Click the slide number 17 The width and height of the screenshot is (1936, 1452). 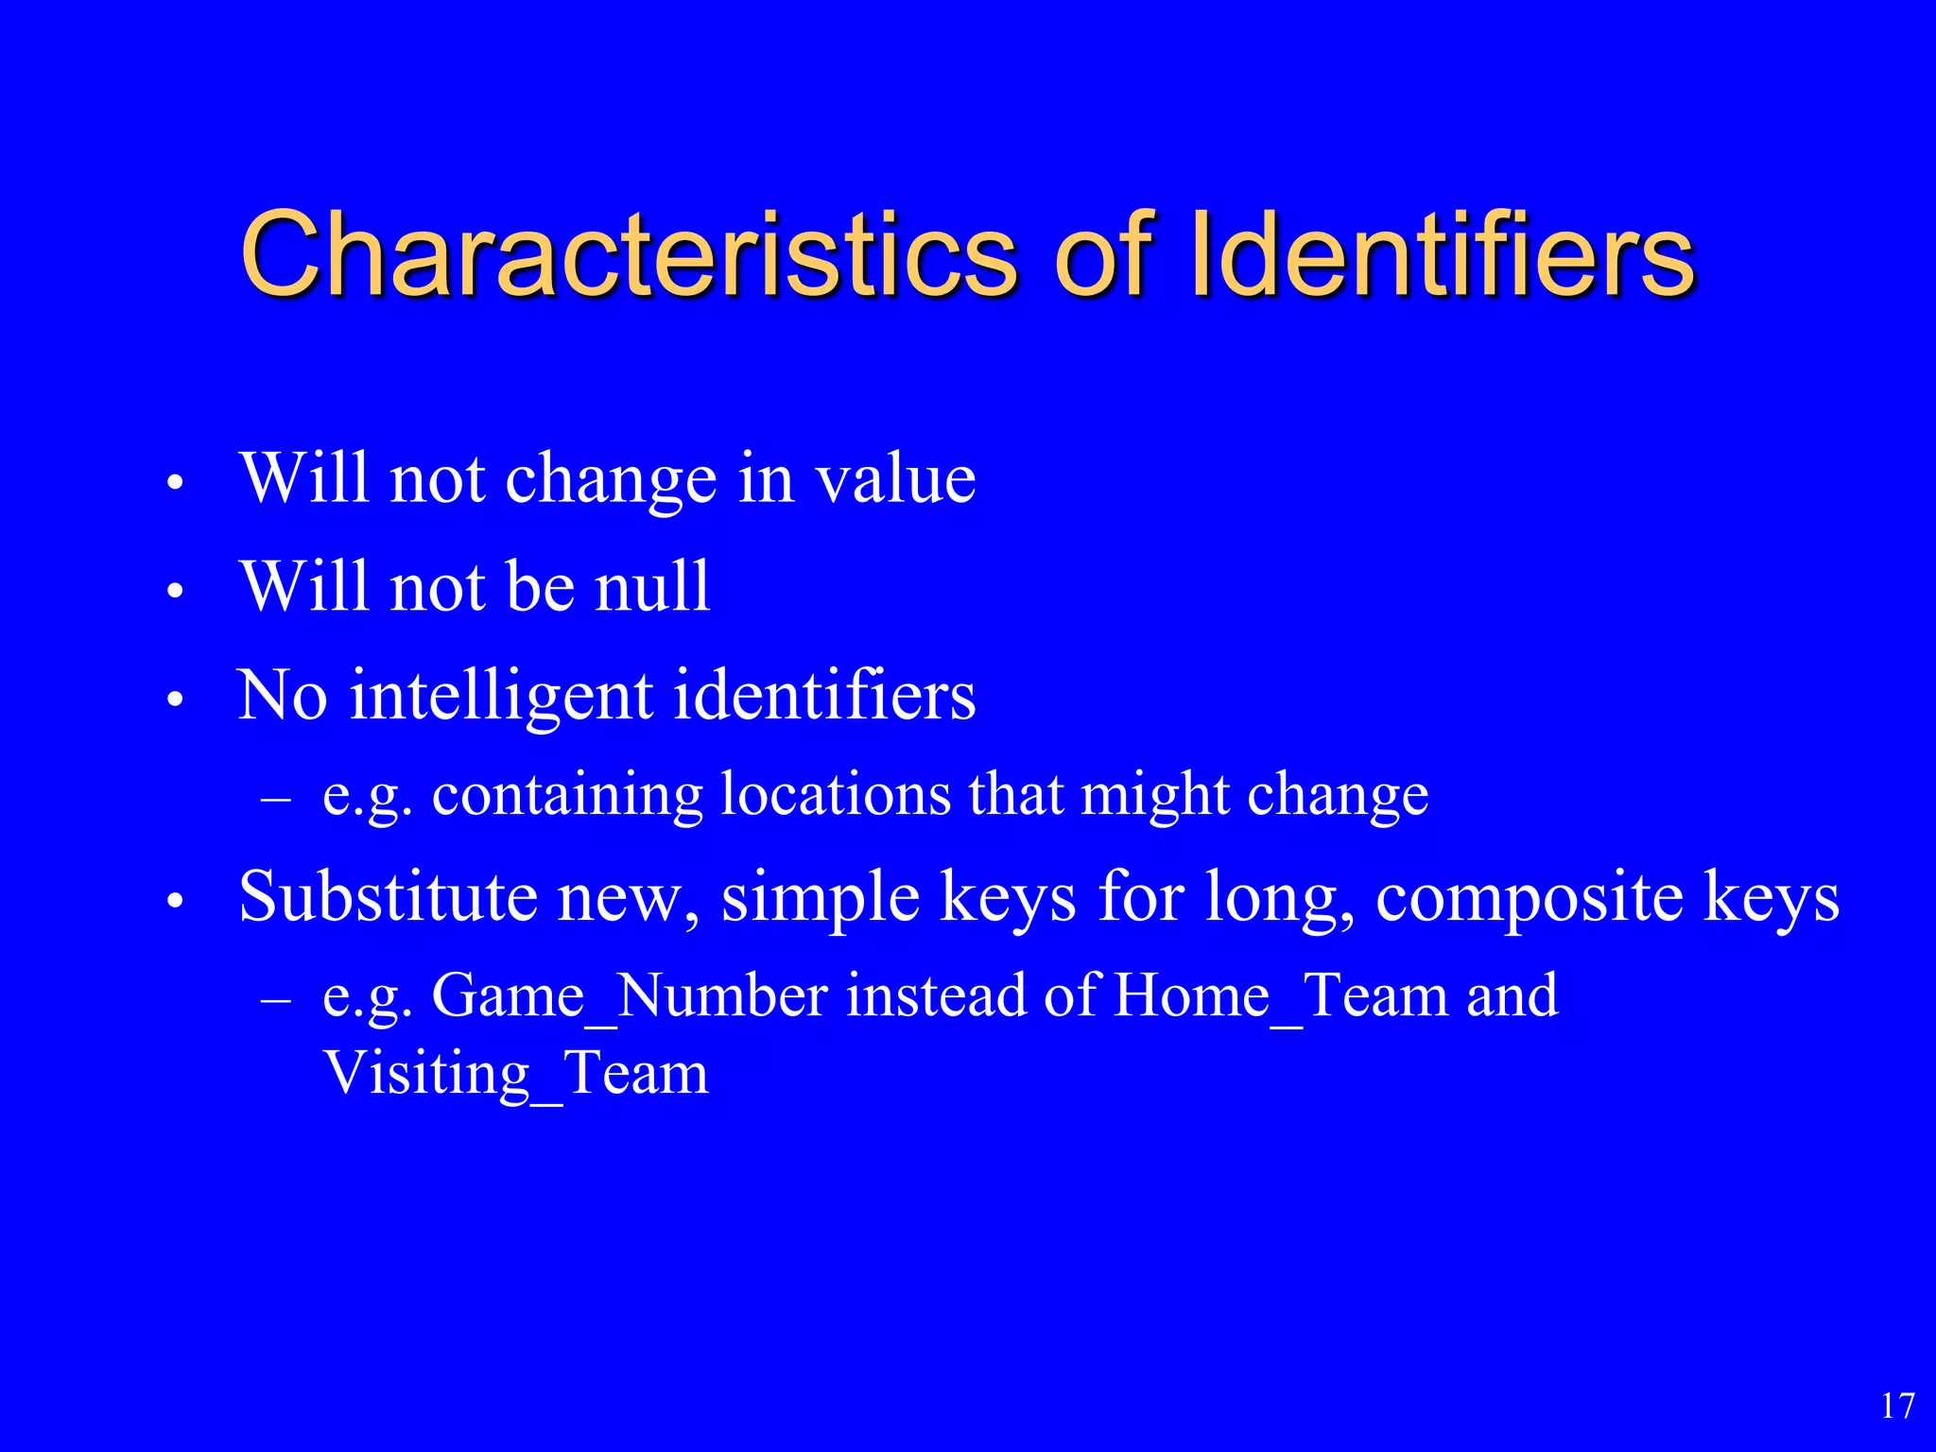(1897, 1406)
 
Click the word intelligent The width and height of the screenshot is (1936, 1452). (501, 696)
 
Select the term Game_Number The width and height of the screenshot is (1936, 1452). (630, 996)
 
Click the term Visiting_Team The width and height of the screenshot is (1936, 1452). (515, 1075)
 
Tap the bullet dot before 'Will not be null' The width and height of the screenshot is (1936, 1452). (173, 592)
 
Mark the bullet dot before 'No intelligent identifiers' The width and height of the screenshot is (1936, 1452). (173, 700)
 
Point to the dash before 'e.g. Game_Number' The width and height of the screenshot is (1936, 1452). (275, 1000)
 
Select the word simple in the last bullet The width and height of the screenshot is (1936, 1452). (821, 898)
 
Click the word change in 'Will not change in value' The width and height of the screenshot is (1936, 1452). (611, 481)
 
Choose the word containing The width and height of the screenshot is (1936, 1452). (567, 795)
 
